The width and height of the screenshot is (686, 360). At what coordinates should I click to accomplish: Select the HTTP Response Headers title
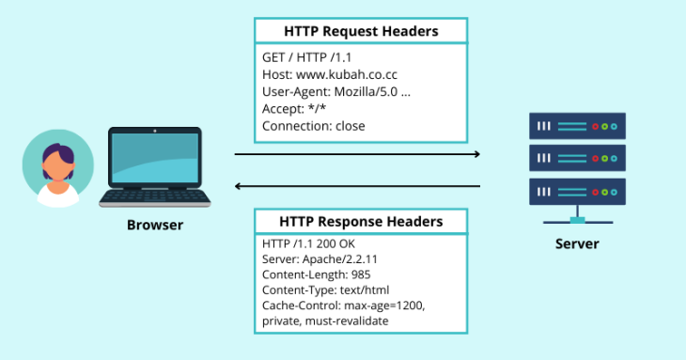(361, 221)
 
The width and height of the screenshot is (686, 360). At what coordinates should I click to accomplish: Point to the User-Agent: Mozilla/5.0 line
(335, 91)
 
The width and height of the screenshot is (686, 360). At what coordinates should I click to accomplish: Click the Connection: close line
(314, 125)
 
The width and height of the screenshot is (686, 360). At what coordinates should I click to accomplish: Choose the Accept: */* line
(293, 108)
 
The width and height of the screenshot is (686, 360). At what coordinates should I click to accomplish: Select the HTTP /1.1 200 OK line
(308, 244)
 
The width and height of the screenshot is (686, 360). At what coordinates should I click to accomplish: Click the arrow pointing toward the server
(357, 153)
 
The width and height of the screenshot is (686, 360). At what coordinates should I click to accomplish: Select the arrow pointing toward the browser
(357, 186)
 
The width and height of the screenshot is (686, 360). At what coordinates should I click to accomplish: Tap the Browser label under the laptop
(155, 226)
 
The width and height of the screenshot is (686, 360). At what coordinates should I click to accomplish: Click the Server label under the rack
(577, 244)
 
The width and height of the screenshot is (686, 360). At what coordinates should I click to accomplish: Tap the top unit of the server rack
(577, 125)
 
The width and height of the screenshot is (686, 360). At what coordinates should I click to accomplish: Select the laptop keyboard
(155, 196)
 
